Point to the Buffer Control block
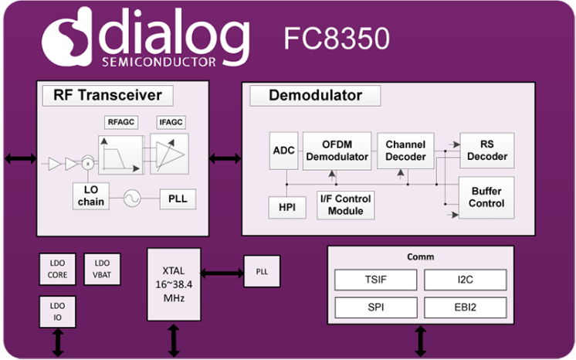[486, 197]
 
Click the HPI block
[283, 207]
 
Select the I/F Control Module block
[345, 205]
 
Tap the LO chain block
[90, 196]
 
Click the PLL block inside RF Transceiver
[178, 199]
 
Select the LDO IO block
[58, 313]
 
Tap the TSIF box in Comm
[375, 280]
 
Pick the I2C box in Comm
[465, 280]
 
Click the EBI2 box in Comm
[465, 307]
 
